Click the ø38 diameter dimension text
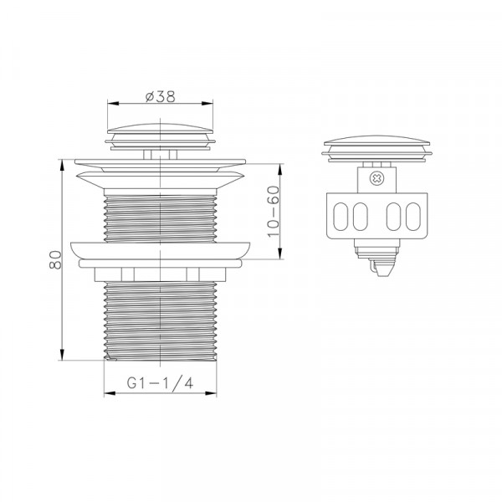pos(161,96)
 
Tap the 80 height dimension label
pos(55,259)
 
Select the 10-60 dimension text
pos(274,212)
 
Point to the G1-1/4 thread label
pos(160,382)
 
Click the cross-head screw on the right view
pos(376,179)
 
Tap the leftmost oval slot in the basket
pos(341,217)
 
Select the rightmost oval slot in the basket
pos(412,217)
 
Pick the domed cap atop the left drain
pos(160,128)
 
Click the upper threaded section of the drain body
pos(160,218)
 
